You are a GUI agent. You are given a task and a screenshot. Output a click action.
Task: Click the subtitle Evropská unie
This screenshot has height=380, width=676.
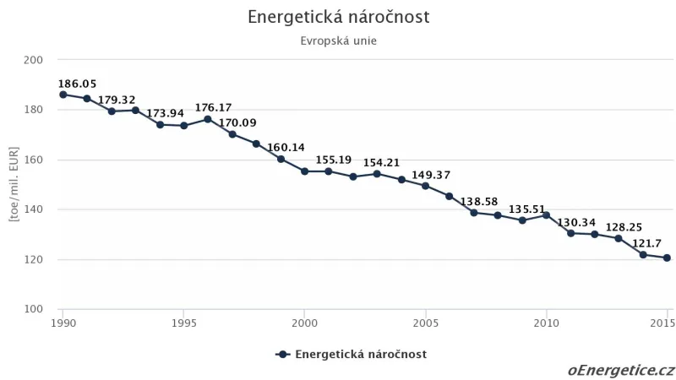pyautogui.click(x=338, y=41)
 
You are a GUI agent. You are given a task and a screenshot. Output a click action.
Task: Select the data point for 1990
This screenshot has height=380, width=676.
pyautogui.click(x=63, y=95)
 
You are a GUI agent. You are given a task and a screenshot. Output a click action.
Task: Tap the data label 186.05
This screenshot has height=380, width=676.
pyautogui.click(x=78, y=84)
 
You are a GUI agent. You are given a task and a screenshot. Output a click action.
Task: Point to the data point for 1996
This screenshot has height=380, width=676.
pyautogui.click(x=208, y=119)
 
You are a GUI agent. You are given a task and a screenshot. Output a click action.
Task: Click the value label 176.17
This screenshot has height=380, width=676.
pyautogui.click(x=213, y=108)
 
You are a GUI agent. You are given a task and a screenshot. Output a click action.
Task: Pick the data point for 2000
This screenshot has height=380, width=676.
pyautogui.click(x=304, y=171)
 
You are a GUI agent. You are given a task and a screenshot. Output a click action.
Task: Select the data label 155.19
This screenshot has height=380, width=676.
pyautogui.click(x=334, y=160)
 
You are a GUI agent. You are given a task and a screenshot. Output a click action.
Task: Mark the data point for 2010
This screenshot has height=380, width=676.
pyautogui.click(x=546, y=214)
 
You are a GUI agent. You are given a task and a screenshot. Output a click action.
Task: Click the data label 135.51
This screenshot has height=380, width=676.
pyautogui.click(x=527, y=209)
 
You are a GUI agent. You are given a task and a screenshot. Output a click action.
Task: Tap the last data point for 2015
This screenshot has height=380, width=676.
pyautogui.click(x=667, y=258)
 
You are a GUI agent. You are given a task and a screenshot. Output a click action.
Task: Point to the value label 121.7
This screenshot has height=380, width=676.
pyautogui.click(x=650, y=243)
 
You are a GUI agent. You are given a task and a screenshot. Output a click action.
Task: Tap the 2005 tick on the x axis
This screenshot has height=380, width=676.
pyautogui.click(x=425, y=323)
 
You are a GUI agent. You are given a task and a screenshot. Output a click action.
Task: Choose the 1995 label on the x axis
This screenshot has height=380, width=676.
pyautogui.click(x=183, y=323)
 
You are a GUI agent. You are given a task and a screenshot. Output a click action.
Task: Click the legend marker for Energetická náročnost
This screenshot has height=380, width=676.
pyautogui.click(x=283, y=355)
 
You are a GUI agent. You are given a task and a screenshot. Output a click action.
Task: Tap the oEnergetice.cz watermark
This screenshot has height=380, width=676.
pyautogui.click(x=621, y=370)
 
